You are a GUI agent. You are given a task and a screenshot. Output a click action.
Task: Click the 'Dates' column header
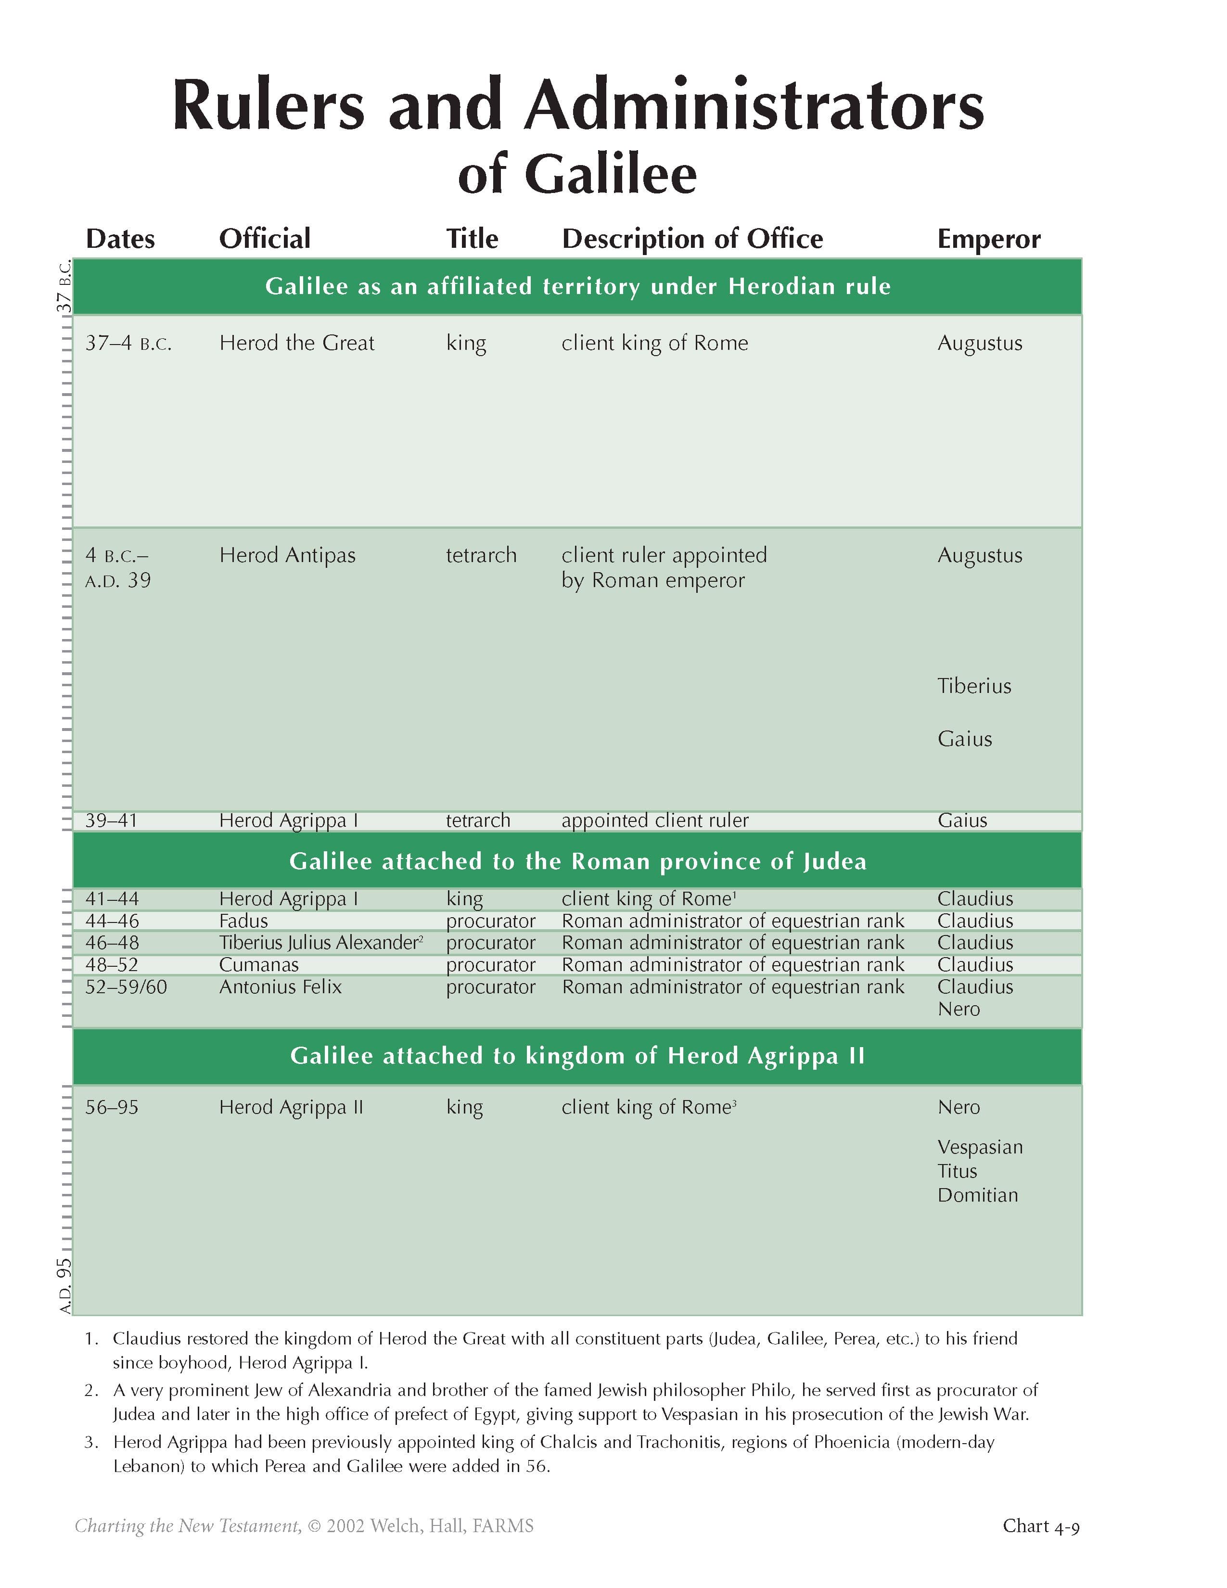click(120, 239)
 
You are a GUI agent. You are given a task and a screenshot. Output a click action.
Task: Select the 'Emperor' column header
click(989, 239)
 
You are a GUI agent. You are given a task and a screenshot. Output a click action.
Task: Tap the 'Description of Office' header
click(692, 239)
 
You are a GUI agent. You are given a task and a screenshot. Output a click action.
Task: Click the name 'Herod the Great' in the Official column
click(296, 343)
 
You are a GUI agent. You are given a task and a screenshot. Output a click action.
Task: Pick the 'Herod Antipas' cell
click(287, 555)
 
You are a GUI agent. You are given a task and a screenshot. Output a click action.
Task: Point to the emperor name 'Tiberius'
click(974, 686)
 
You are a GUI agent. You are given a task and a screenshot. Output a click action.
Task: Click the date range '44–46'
click(112, 921)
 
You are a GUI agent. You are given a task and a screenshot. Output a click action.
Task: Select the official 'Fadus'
click(243, 921)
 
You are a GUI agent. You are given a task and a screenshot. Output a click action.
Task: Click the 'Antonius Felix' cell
click(280, 986)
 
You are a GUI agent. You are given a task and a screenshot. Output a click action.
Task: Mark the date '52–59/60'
click(126, 986)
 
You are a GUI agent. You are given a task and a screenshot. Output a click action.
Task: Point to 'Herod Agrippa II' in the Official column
click(291, 1107)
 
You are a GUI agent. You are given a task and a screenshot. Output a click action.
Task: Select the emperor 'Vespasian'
click(980, 1147)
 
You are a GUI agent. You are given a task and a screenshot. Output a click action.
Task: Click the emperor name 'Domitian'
click(978, 1195)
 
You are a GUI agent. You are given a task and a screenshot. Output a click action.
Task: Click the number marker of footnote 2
click(91, 1390)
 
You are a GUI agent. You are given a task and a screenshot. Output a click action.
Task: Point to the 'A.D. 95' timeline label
click(64, 1285)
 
